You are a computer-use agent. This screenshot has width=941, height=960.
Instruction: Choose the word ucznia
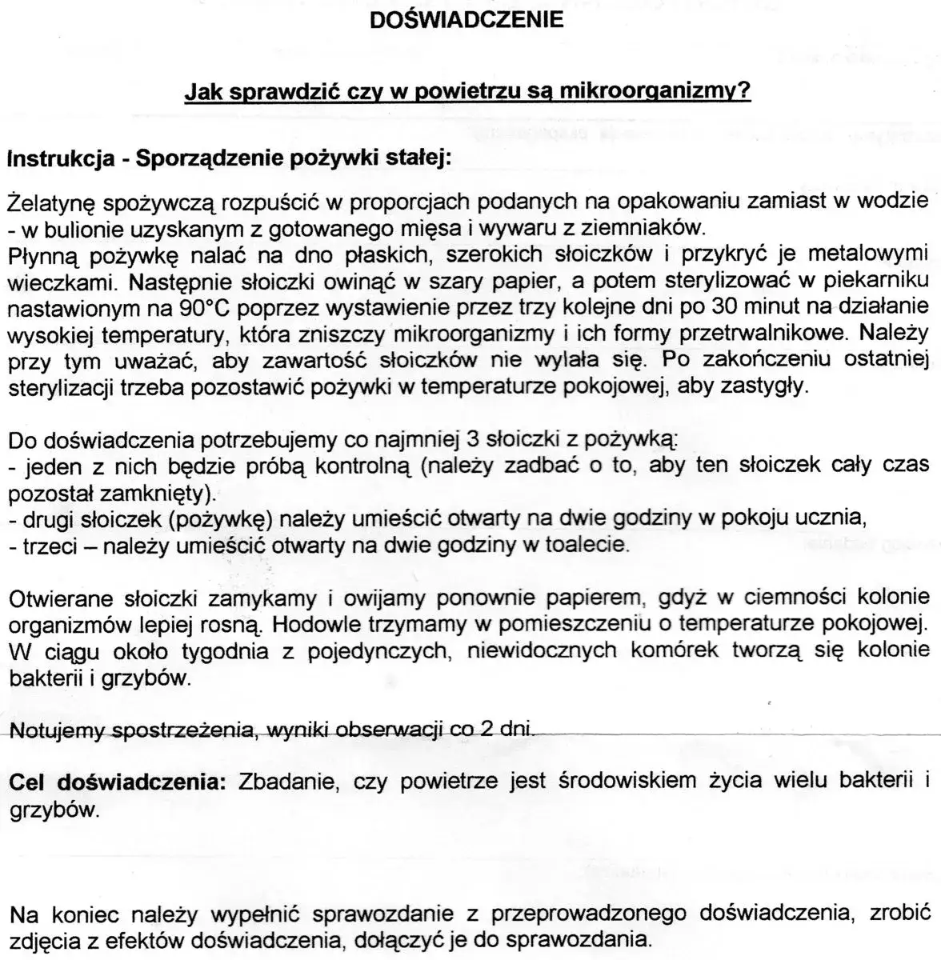838,518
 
